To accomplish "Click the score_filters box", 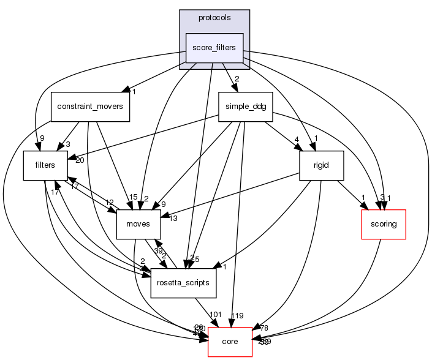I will click(x=214, y=47).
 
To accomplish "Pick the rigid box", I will click(x=320, y=165).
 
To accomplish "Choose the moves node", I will click(x=138, y=224).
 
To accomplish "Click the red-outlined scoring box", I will click(x=384, y=224).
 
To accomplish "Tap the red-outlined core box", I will click(x=230, y=342).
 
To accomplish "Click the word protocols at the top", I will click(x=214, y=18).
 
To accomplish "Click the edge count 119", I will click(x=237, y=316).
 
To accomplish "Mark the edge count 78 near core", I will click(x=264, y=328).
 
